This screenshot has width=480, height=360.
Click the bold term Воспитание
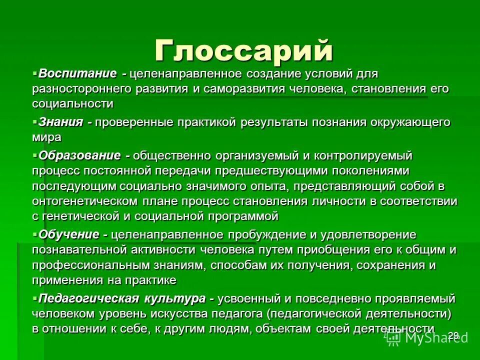click(77, 74)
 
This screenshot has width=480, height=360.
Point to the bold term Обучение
click(69, 234)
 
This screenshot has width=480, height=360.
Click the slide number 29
click(453, 334)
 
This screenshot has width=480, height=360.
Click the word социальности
click(72, 104)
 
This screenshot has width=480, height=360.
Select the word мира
click(47, 136)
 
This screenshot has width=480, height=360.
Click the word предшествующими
click(272, 171)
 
